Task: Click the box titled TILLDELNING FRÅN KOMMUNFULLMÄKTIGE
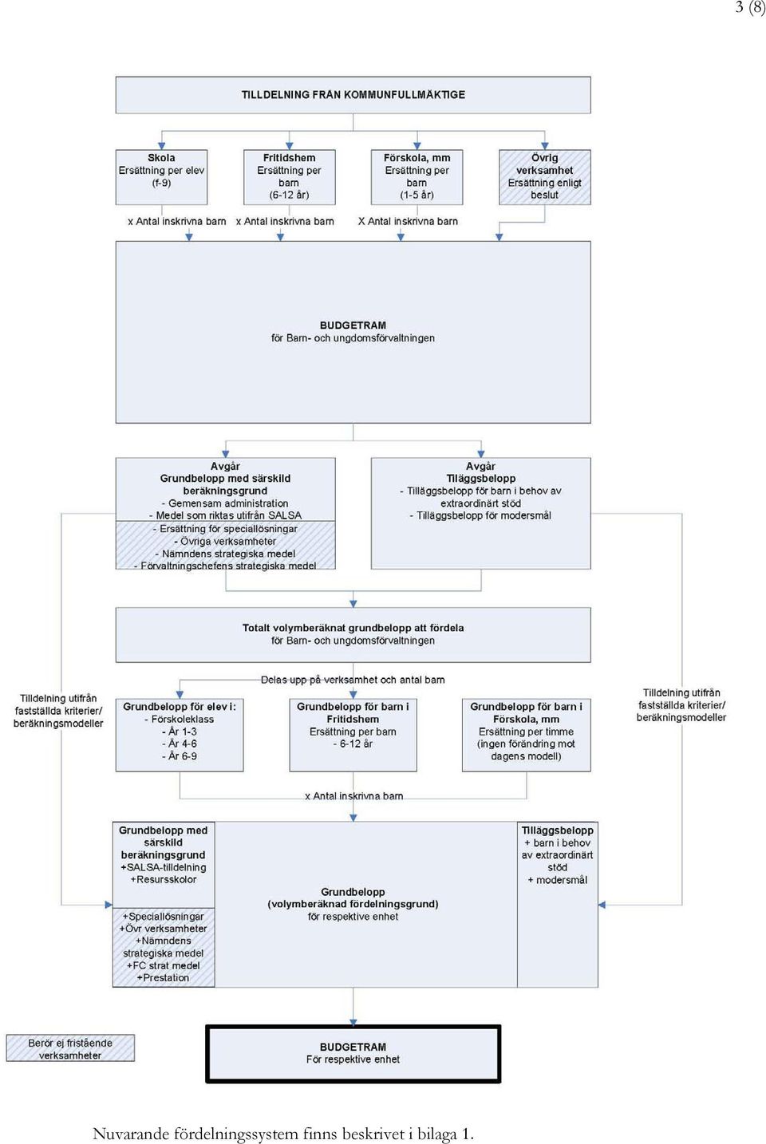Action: click(x=353, y=95)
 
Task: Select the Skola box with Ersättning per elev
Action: click(x=161, y=177)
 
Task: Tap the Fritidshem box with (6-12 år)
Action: click(x=289, y=177)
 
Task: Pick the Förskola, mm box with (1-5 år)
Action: click(x=417, y=177)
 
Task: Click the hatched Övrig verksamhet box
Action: click(x=544, y=177)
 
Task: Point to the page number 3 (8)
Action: click(x=750, y=7)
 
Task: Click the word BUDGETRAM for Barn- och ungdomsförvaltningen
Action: click(x=353, y=325)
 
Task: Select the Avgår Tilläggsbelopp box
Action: click(x=480, y=513)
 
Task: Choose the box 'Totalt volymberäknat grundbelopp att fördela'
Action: click(x=353, y=635)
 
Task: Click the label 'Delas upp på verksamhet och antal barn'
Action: click(x=353, y=680)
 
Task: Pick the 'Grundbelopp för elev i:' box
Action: click(x=180, y=735)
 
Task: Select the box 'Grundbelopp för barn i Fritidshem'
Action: click(x=353, y=735)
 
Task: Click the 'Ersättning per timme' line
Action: click(x=526, y=732)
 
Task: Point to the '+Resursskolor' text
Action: click(x=164, y=879)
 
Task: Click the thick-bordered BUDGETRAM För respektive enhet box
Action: click(x=353, y=1054)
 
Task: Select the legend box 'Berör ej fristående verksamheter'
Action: click(x=70, y=1048)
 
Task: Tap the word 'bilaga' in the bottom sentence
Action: click(x=437, y=1134)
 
